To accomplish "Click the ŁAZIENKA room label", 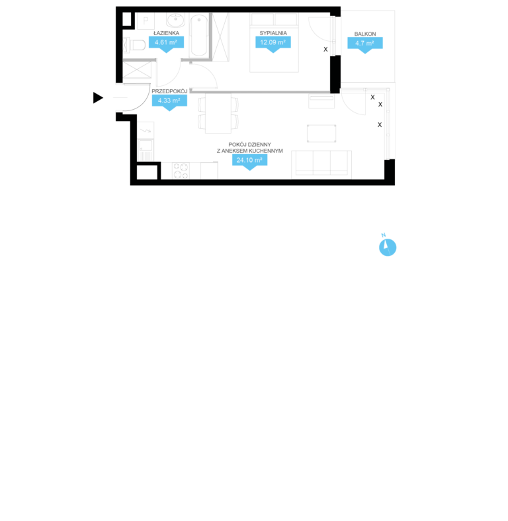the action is (166, 33).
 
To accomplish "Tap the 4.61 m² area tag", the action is (166, 43).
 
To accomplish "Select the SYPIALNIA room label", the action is (273, 33).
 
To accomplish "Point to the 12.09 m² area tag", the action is (273, 43).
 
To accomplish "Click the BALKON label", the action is (365, 34).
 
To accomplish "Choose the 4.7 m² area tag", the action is (365, 44).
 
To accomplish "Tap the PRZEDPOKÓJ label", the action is (169, 91).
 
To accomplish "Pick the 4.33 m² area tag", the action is (169, 101).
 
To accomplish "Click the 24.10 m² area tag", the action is (249, 161).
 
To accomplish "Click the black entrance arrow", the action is (98, 98).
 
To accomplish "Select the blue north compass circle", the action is (388, 247).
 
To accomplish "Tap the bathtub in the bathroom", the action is (199, 36).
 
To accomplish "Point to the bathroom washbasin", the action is (175, 20).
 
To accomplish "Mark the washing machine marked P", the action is (146, 21).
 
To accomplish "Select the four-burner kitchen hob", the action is (181, 171).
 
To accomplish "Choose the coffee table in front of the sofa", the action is (321, 134).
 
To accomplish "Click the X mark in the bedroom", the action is (325, 49).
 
